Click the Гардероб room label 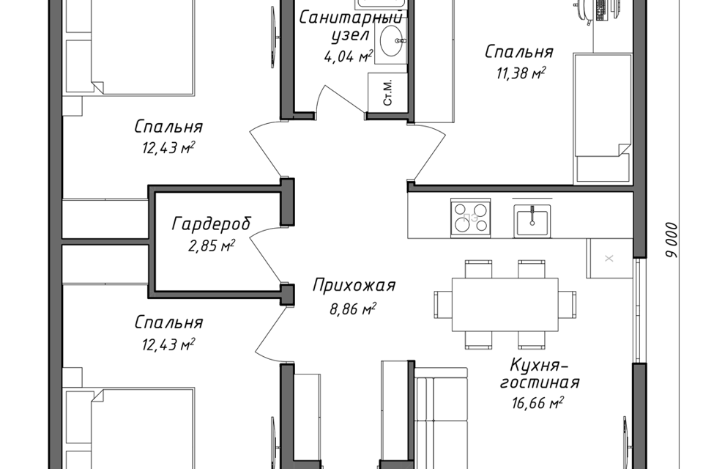point(211,224)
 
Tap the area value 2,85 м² point(212,245)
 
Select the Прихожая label point(354,286)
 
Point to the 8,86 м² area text point(353,309)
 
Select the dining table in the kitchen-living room point(505,305)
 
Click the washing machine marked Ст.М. point(388,92)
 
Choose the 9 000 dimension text point(672,240)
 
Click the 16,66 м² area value point(537,403)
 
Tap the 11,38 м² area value point(521,73)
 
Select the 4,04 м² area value point(347,56)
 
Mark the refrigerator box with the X point(609,258)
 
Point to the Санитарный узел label point(351,26)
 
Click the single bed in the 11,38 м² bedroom point(603,118)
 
